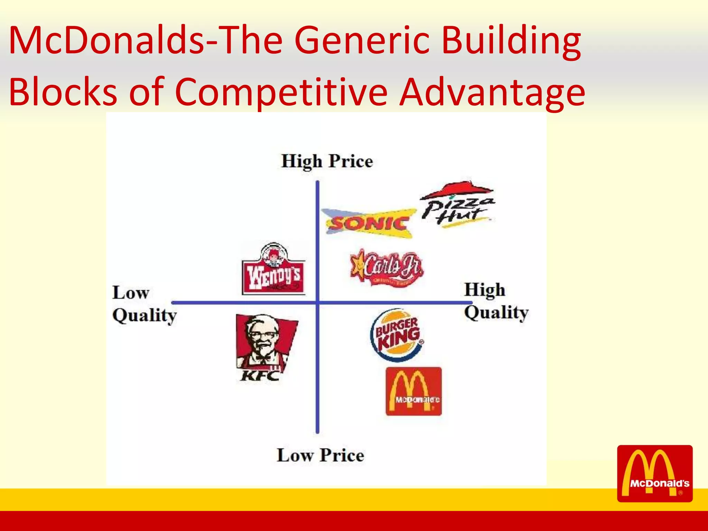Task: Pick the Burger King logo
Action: click(x=397, y=335)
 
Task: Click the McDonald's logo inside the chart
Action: click(x=413, y=391)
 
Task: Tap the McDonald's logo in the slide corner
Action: click(x=655, y=473)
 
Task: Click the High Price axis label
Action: click(x=327, y=161)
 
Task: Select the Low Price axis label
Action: click(x=320, y=455)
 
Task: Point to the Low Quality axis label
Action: click(x=144, y=304)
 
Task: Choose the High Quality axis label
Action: click(x=496, y=301)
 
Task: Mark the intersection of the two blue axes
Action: click(x=317, y=302)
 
